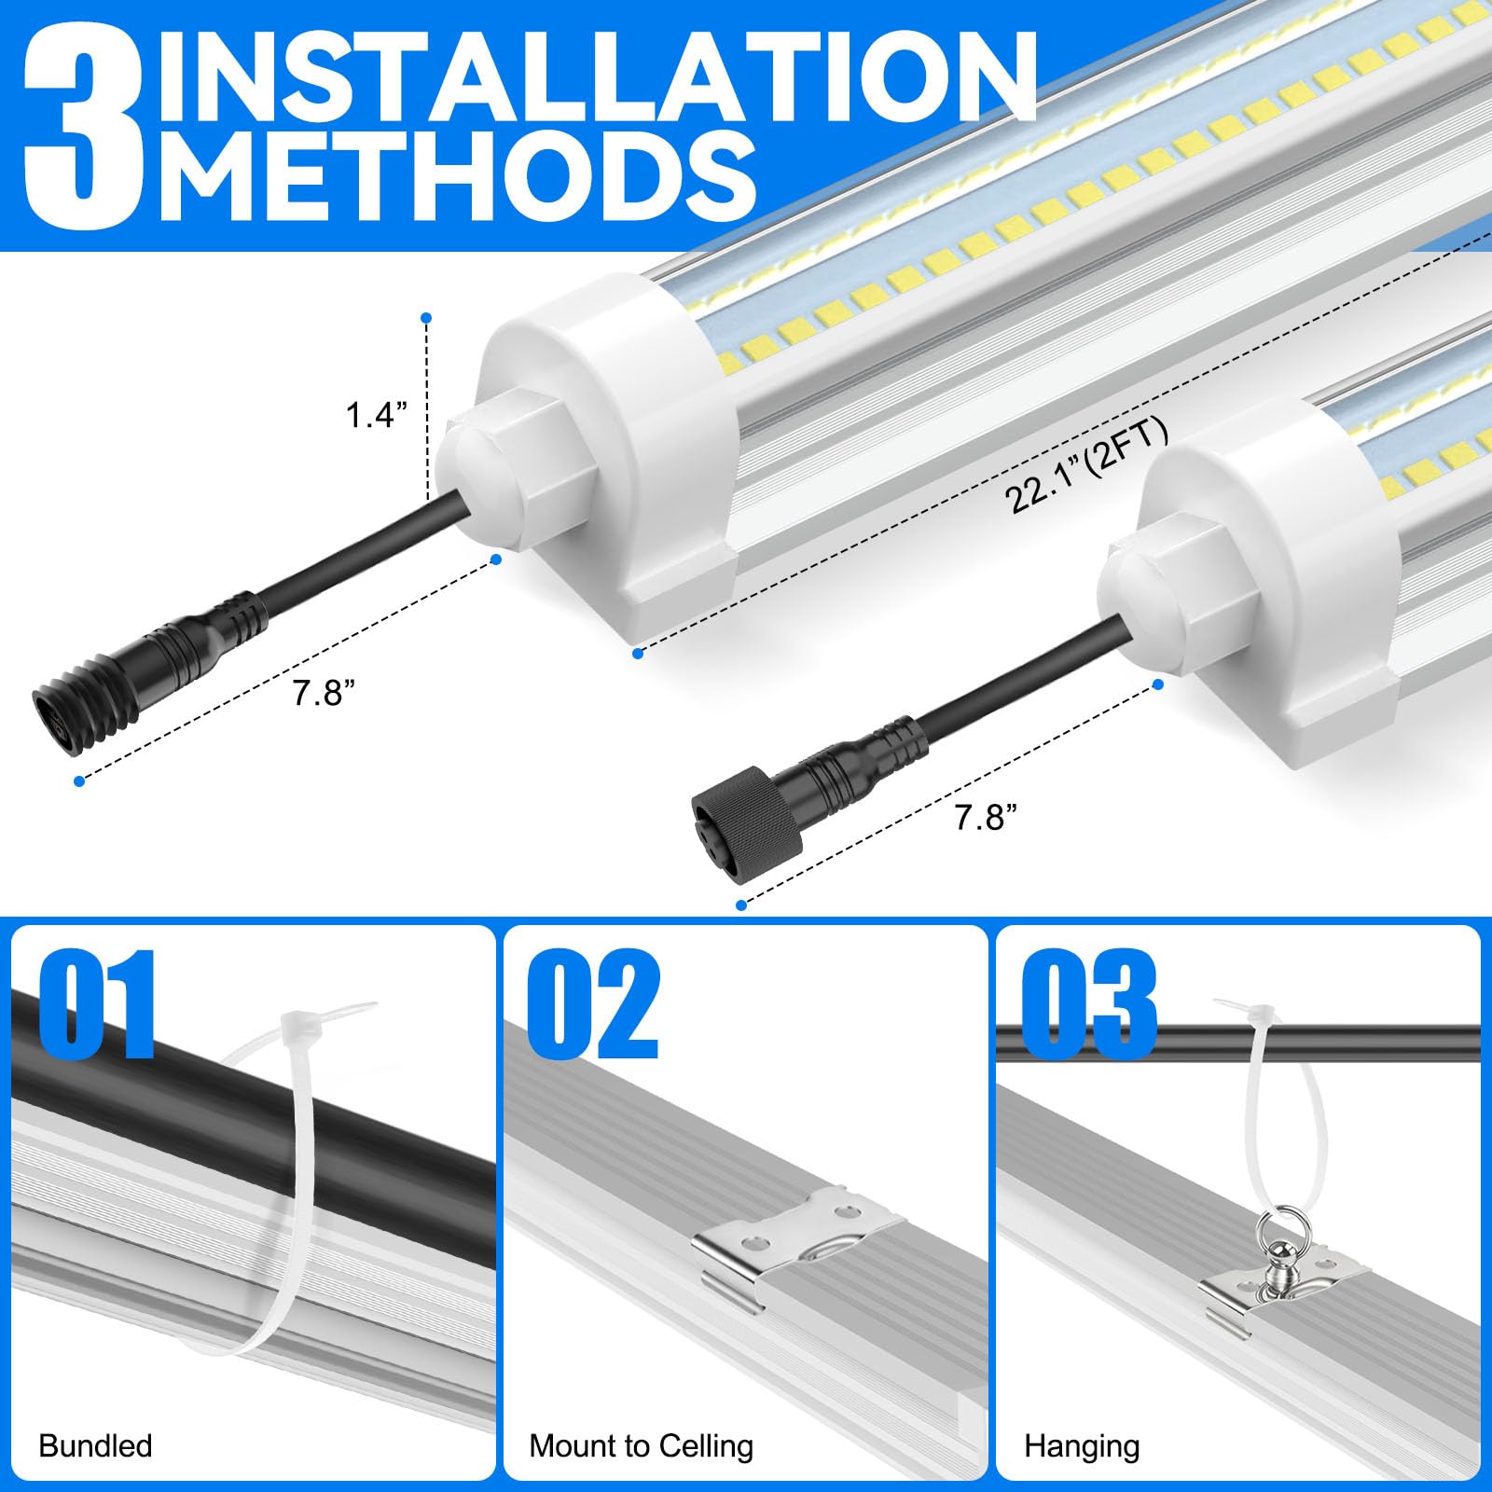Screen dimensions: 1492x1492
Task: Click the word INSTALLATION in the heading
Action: click(x=598, y=74)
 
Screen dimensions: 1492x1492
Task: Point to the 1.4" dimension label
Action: click(x=377, y=414)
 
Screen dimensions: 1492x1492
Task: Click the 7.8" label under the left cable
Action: click(x=324, y=693)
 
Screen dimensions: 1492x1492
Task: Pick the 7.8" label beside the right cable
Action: click(x=985, y=818)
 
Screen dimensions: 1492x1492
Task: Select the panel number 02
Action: click(x=594, y=1004)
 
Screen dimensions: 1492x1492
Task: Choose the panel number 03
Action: click(x=1088, y=1004)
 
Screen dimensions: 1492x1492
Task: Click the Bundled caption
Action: click(x=95, y=1445)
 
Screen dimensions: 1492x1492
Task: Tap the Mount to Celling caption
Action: click(x=641, y=1445)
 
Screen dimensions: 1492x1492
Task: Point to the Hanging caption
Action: click(x=1082, y=1446)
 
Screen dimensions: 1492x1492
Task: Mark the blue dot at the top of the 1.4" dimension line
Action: click(x=426, y=318)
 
